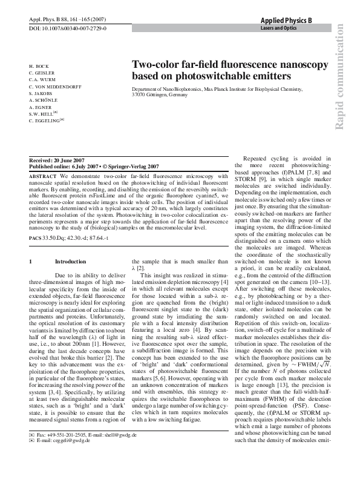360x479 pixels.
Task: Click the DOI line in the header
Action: click(68, 28)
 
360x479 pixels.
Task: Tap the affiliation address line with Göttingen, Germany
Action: click(160, 96)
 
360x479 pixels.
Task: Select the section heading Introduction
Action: click(66, 262)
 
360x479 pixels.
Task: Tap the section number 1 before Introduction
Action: click(31, 262)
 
